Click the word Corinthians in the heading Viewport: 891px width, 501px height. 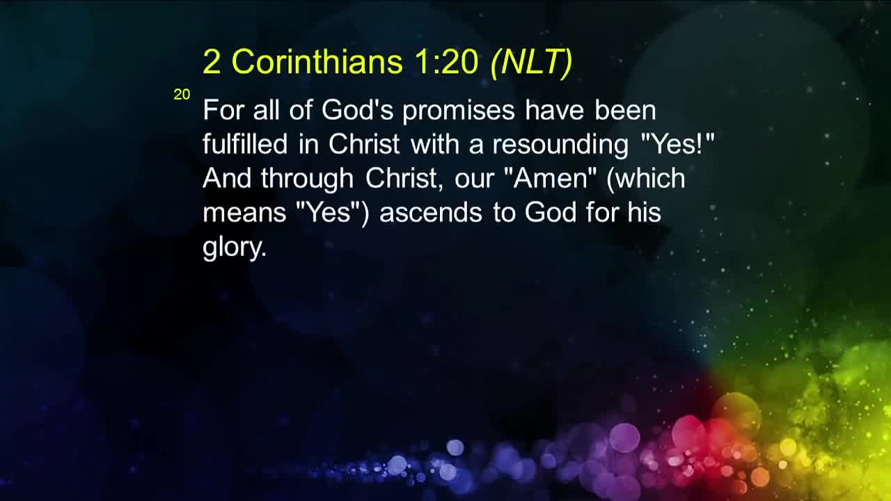tap(317, 62)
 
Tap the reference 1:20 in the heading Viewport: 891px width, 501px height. tap(445, 62)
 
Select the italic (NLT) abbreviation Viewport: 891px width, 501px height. tap(531, 62)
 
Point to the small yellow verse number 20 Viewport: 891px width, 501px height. tap(182, 95)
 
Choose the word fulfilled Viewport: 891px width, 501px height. tap(244, 145)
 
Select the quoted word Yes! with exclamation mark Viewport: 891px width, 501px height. tap(677, 145)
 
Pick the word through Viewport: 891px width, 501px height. tap(307, 178)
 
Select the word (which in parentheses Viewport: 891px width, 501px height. tap(645, 178)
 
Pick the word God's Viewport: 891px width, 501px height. tap(357, 111)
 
